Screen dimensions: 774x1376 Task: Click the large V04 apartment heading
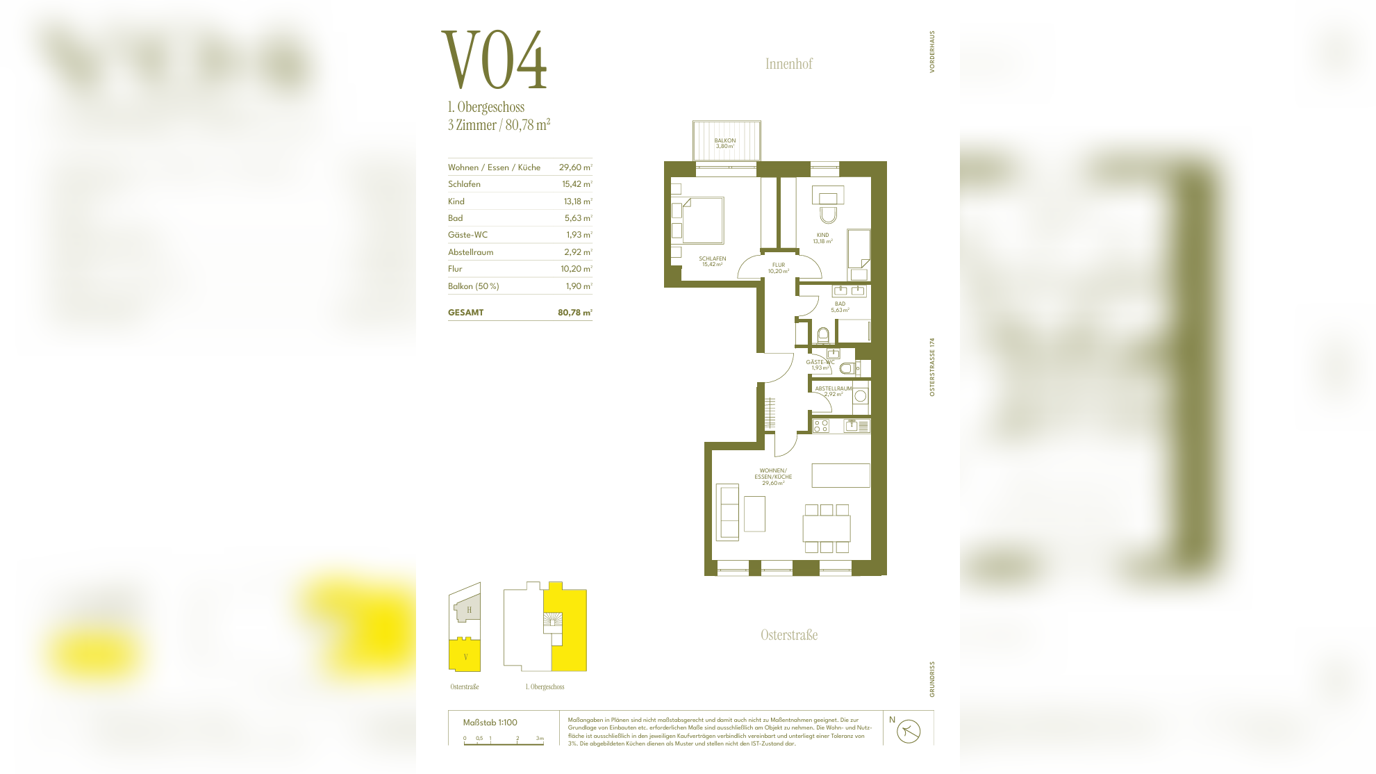pyautogui.click(x=495, y=60)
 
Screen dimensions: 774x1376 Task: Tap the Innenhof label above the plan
pyautogui.click(x=788, y=64)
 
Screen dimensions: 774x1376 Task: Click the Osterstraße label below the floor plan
pyautogui.click(x=789, y=635)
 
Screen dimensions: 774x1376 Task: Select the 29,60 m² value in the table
pyautogui.click(x=575, y=167)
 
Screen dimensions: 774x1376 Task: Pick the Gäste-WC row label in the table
pyautogui.click(x=467, y=235)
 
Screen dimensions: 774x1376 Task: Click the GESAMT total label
pyautogui.click(x=465, y=313)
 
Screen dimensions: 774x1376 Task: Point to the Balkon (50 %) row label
pyautogui.click(x=473, y=286)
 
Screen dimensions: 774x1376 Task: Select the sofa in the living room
pyautogui.click(x=727, y=512)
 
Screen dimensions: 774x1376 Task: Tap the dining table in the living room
pyautogui.click(x=826, y=529)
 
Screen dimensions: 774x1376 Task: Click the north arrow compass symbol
pyautogui.click(x=908, y=731)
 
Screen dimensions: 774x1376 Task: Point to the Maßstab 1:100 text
pyautogui.click(x=490, y=723)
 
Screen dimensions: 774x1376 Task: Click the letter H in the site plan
pyautogui.click(x=469, y=610)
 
